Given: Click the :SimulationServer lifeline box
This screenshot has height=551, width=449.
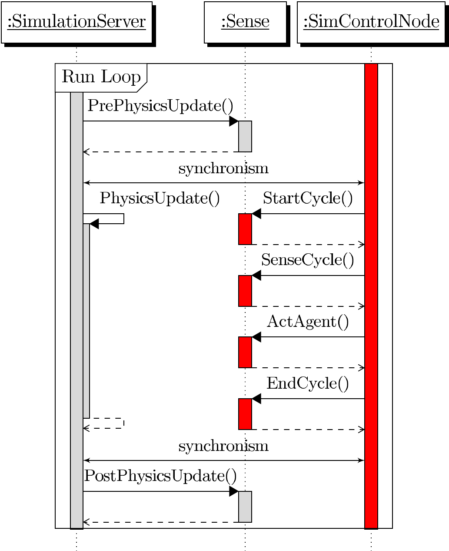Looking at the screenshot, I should pos(76,22).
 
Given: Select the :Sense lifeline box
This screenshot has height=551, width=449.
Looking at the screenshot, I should pos(245,22).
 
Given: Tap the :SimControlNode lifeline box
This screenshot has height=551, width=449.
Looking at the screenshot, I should pos(371,22).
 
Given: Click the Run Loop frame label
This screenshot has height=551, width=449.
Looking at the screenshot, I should pos(101,77).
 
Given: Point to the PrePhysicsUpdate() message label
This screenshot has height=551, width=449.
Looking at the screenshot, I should pos(160,106).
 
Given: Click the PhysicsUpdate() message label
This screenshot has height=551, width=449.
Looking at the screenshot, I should pos(160,198).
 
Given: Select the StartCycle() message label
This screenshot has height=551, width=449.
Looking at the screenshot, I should pos(308,198).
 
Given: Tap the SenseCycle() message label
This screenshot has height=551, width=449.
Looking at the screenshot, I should pos(308,260).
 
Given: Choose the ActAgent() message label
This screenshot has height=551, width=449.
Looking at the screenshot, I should pos(308,322).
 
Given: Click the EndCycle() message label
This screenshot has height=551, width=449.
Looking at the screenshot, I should pos(308,384).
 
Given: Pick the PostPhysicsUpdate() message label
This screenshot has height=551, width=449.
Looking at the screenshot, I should pos(160,476).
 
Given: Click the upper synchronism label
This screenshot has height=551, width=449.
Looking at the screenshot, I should pos(223,168).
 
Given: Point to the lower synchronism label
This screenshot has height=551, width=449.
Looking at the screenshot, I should pos(223,446).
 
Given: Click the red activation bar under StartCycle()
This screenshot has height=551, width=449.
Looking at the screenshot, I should pos(245,229).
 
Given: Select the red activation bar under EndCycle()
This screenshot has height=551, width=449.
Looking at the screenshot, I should pos(245,414).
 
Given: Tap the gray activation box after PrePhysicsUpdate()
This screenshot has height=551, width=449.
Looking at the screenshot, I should pos(245,136).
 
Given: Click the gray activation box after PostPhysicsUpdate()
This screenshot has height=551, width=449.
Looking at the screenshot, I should pos(245,507).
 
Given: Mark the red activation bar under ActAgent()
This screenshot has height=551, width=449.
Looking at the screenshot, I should pos(245,352).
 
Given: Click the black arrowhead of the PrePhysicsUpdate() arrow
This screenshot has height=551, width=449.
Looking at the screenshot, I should pos(234,121).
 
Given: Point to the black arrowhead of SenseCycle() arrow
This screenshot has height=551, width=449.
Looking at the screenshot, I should pos(256,275).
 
